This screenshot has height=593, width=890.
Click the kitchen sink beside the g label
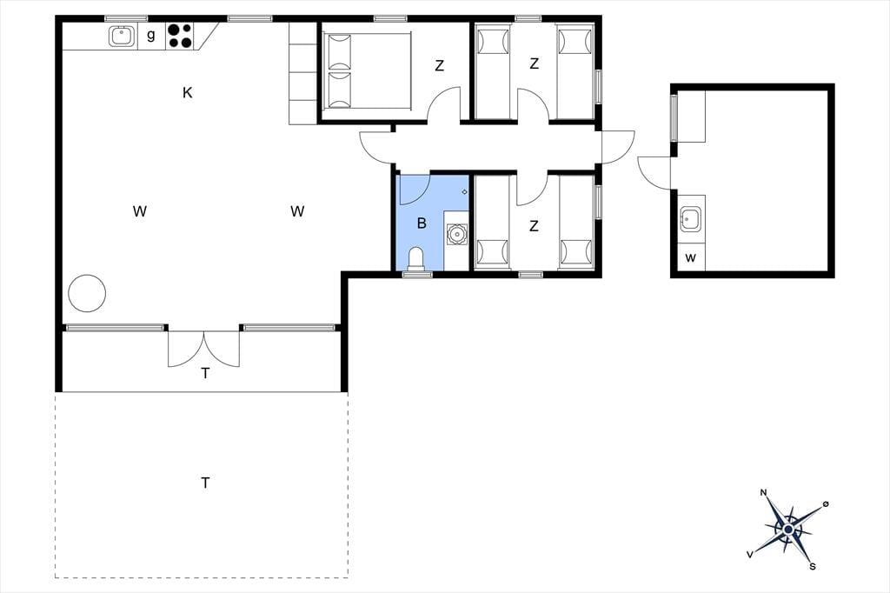(122, 37)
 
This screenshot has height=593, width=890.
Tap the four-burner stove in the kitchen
(180, 36)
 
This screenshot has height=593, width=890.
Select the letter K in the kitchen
(188, 92)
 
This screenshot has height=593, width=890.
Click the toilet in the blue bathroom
(416, 259)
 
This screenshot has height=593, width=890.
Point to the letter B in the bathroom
(422, 223)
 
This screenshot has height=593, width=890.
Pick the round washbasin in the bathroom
(456, 234)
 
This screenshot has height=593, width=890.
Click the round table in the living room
(87, 293)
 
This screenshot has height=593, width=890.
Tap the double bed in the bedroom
(367, 71)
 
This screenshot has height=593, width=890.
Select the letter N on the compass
(763, 492)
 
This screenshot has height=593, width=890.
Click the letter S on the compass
(813, 566)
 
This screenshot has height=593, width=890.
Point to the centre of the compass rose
(787, 530)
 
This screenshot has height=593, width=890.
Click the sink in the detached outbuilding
(691, 219)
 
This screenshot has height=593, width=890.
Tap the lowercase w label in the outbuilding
(690, 258)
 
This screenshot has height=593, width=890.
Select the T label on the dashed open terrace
(205, 483)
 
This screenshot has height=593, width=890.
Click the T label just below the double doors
(205, 373)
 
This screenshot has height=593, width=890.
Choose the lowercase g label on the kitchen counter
(151, 36)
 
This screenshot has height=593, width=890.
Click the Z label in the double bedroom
(439, 66)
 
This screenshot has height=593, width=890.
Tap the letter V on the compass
(750, 555)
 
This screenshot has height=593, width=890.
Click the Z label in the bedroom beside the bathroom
(534, 226)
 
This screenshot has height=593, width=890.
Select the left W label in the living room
(140, 211)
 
